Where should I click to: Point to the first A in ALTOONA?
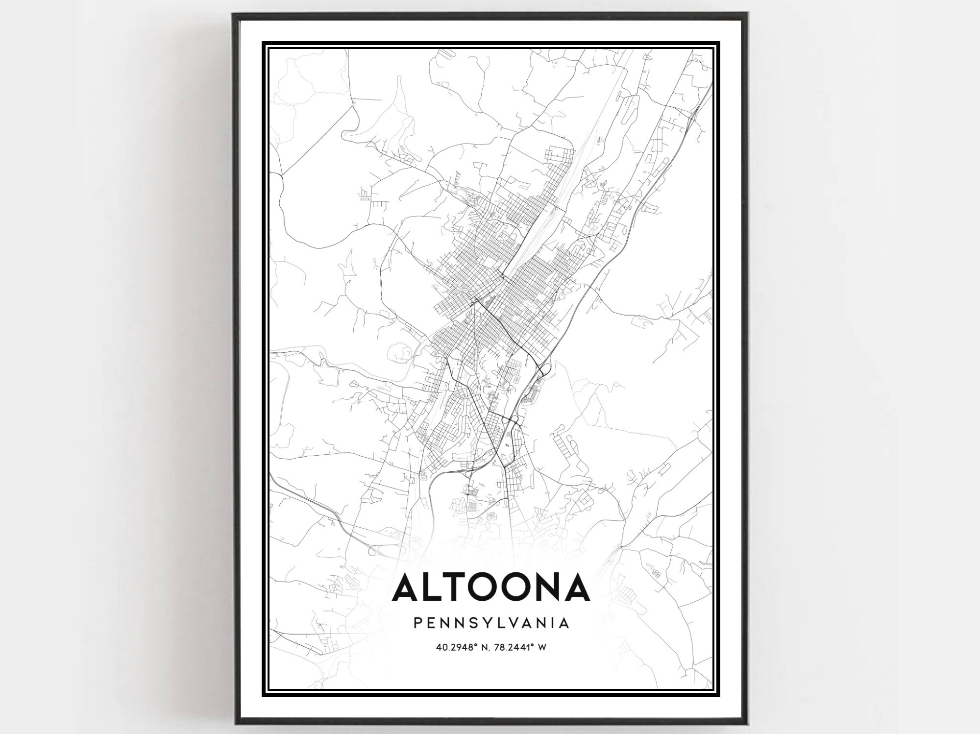click(x=408, y=587)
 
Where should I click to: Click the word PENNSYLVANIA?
click(x=491, y=623)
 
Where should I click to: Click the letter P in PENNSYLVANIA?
click(x=417, y=623)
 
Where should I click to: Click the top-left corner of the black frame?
click(x=234, y=14)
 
